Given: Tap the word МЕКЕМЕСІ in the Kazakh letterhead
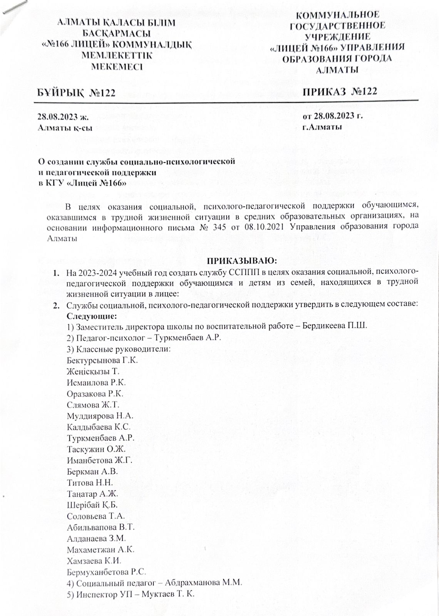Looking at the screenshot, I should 116,66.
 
